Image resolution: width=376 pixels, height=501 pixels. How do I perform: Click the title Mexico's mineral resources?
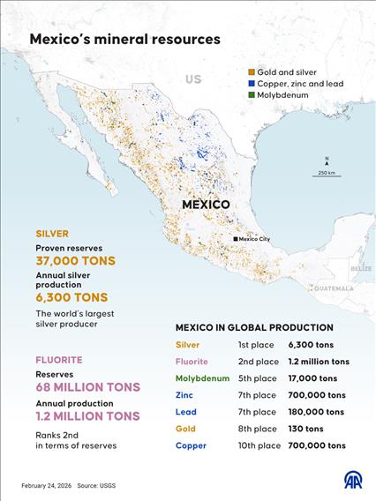click(124, 40)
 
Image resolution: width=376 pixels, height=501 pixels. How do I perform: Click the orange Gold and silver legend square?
click(252, 71)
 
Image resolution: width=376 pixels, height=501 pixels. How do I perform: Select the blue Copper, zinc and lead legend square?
click(252, 83)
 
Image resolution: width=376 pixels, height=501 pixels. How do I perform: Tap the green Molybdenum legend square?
click(252, 94)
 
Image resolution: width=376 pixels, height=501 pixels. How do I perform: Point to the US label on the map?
click(193, 79)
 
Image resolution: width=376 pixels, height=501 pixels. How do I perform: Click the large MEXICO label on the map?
click(206, 205)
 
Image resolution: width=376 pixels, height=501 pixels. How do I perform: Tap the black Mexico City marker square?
click(236, 239)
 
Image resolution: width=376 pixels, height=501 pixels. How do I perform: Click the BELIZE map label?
click(361, 267)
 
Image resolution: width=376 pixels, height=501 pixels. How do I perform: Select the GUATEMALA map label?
click(333, 288)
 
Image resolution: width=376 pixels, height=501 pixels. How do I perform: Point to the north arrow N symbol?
click(327, 160)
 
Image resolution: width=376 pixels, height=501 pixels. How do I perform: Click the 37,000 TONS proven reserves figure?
click(75, 261)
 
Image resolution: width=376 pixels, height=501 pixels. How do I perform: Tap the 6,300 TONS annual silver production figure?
click(71, 297)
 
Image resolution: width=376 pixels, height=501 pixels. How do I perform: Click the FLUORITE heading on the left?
click(59, 360)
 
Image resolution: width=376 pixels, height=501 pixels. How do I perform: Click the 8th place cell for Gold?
click(257, 429)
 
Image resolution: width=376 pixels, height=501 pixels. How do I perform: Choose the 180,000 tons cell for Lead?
click(316, 412)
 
